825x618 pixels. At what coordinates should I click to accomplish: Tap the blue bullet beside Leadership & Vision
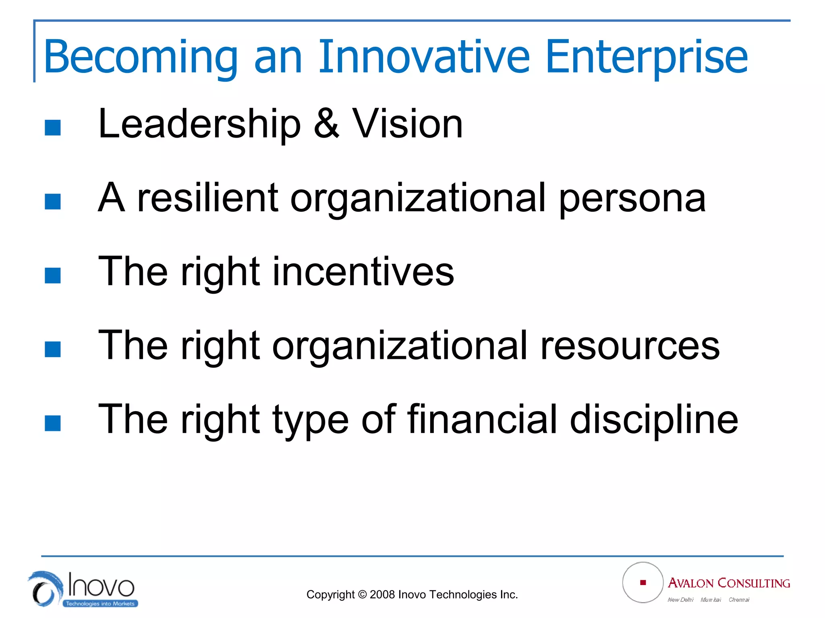pyautogui.click(x=53, y=128)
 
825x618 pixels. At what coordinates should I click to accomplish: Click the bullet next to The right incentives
pyautogui.click(x=53, y=276)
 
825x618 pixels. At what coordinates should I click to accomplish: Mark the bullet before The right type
pyautogui.click(x=53, y=423)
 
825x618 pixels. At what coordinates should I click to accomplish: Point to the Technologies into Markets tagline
pyautogui.click(x=100, y=604)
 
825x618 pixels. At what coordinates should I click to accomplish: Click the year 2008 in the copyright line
pyautogui.click(x=382, y=595)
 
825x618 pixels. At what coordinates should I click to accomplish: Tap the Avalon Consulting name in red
pyautogui.click(x=729, y=583)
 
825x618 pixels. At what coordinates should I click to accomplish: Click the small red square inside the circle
pyautogui.click(x=643, y=583)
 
